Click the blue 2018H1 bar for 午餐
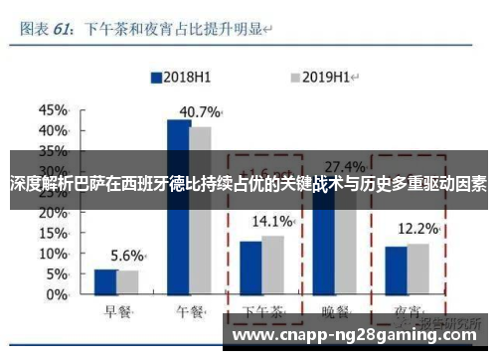click(x=179, y=209)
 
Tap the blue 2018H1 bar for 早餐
click(x=105, y=283)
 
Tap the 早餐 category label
click(x=116, y=313)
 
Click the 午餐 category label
click(x=190, y=313)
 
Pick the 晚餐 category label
click(x=336, y=313)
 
